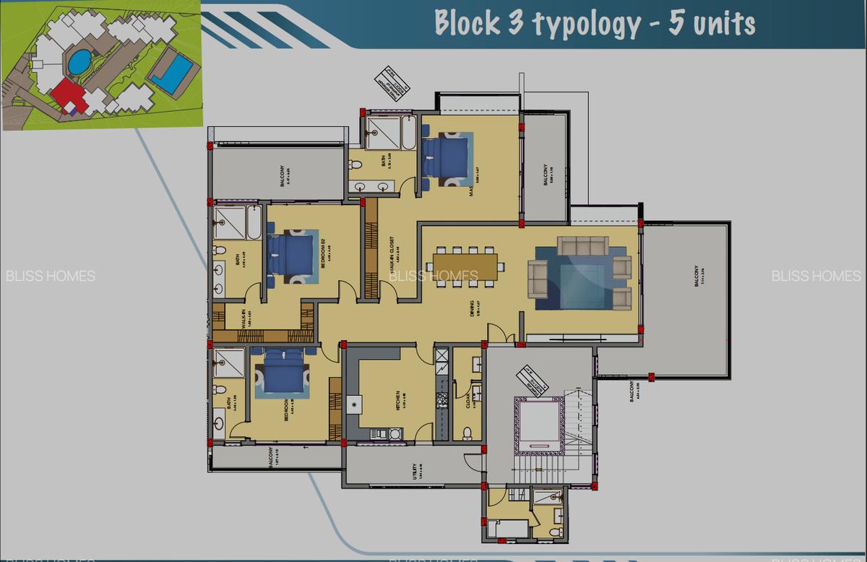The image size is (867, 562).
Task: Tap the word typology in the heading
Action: pyautogui.click(x=586, y=25)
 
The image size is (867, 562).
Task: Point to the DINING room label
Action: pyautogui.click(x=472, y=308)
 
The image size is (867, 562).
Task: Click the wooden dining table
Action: pyautogui.click(x=466, y=265)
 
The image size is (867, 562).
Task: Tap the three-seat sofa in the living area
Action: pyautogui.click(x=582, y=246)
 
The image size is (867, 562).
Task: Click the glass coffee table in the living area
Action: pyautogui.click(x=582, y=285)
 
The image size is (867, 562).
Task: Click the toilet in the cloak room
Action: pyautogui.click(x=467, y=433)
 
